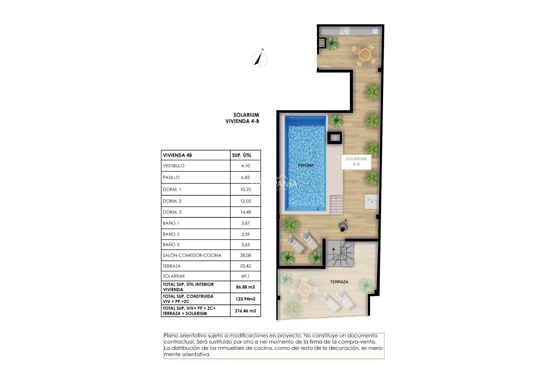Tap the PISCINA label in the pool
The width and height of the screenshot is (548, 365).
[306, 165]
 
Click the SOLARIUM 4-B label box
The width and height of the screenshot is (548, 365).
[356, 161]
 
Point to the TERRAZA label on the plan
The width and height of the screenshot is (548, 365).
[339, 282]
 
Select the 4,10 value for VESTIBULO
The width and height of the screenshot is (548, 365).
[245, 166]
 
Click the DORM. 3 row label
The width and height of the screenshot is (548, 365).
[172, 212]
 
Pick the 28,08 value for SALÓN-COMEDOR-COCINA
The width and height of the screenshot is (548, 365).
[245, 255]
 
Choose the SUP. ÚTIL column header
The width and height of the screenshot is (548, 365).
[241, 155]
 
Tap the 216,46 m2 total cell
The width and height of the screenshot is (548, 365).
[245, 311]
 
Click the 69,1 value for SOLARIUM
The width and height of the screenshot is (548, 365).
[245, 276]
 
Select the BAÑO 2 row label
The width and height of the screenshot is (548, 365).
[171, 234]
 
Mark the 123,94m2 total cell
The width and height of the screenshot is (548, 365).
[245, 299]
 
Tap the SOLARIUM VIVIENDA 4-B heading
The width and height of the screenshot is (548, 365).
[243, 118]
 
